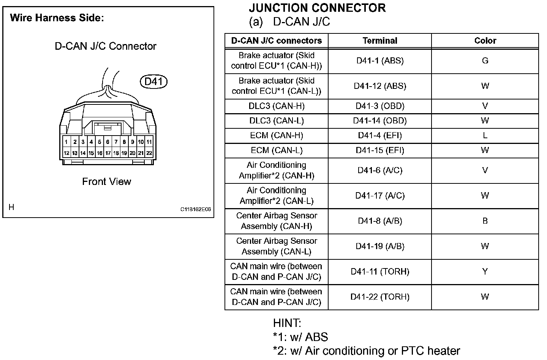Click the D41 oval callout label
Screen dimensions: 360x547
pyautogui.click(x=154, y=81)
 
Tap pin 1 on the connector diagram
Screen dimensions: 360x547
pyautogui.click(x=66, y=142)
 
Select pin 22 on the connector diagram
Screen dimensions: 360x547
pyautogui.click(x=149, y=153)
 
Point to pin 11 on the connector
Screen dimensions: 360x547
pyautogui.click(x=149, y=142)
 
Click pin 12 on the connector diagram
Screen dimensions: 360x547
pyautogui.click(x=66, y=153)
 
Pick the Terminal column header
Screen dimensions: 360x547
pyautogui.click(x=380, y=41)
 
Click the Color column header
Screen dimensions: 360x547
pyautogui.click(x=485, y=41)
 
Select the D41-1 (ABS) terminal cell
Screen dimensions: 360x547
pyautogui.click(x=380, y=61)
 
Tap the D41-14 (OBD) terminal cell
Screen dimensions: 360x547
pyautogui.click(x=380, y=121)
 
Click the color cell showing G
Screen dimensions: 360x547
pyautogui.click(x=485, y=61)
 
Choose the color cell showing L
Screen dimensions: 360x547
pyautogui.click(x=485, y=136)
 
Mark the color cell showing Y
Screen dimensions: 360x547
pyautogui.click(x=485, y=272)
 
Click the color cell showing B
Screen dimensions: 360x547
pyautogui.click(x=485, y=221)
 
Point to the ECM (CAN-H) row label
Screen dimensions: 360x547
pyautogui.click(x=277, y=136)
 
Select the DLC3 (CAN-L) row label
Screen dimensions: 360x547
pyautogui.click(x=277, y=121)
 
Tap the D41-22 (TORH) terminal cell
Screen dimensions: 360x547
pyautogui.click(x=380, y=297)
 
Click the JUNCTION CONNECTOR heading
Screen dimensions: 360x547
pyautogui.click(x=317, y=8)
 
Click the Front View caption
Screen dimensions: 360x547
pyautogui.click(x=106, y=182)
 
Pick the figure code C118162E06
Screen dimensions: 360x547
pyautogui.click(x=196, y=209)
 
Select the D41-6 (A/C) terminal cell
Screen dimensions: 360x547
pyautogui.click(x=380, y=171)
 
